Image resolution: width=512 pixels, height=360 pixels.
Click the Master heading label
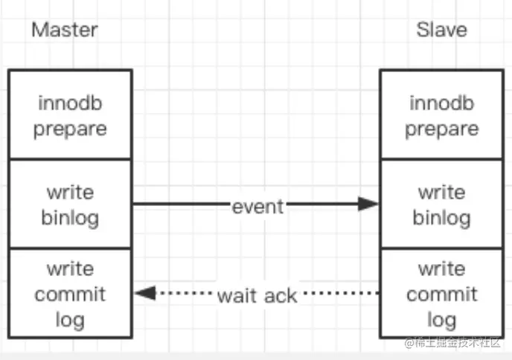tap(65, 30)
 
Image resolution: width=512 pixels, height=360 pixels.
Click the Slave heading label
tap(441, 30)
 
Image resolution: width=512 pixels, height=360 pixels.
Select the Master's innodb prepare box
tap(70, 115)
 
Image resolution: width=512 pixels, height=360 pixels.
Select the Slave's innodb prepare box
tap(442, 115)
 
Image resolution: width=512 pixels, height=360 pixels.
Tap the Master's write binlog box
tap(70, 204)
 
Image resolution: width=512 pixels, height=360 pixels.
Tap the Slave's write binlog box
tap(442, 204)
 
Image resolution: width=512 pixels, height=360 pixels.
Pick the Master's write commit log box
tap(70, 293)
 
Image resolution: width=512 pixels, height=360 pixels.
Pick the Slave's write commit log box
tap(442, 293)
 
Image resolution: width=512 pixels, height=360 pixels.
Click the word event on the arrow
tap(257, 207)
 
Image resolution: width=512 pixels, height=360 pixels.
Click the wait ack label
tap(257, 296)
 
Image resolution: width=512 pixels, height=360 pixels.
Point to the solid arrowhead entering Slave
tap(368, 204)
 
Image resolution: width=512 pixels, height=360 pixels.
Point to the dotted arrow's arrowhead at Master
tap(145, 293)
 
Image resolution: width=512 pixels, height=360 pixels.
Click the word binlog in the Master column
tap(70, 219)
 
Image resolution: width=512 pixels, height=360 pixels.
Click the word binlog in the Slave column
tap(442, 219)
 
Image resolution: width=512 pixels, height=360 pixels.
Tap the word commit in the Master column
tap(70, 295)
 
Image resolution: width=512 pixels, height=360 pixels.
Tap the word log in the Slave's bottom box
tap(442, 321)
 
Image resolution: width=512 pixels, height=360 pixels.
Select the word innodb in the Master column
tap(70, 103)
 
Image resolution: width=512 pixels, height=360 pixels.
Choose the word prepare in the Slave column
tap(442, 129)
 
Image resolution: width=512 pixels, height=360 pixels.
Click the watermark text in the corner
tap(452, 342)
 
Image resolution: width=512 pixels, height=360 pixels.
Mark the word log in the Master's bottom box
tap(70, 321)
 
